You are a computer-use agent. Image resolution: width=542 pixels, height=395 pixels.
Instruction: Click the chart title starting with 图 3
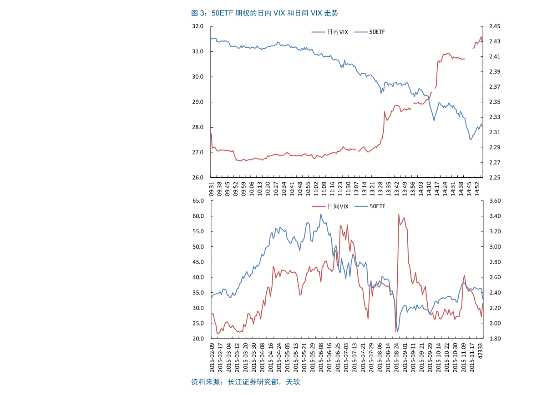(x=264, y=13)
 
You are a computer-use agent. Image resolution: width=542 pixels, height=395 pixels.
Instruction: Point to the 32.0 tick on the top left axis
(x=198, y=26)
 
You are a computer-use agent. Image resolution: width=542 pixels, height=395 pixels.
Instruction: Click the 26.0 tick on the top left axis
(x=198, y=177)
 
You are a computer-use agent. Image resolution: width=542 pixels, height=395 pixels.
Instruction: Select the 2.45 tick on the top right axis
(x=494, y=26)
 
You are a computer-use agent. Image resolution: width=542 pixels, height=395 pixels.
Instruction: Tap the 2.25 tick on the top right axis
(x=494, y=177)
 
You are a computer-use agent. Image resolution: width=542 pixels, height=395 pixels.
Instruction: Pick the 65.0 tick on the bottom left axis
(x=198, y=200)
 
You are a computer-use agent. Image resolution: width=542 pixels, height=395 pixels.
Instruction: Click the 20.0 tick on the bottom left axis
(x=198, y=339)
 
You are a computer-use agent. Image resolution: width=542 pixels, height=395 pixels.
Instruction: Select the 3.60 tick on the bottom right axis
(x=494, y=200)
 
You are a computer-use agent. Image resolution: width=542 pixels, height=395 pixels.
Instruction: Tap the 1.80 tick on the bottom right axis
(x=494, y=339)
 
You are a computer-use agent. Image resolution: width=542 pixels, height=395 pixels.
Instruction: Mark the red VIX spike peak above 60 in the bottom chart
(x=399, y=215)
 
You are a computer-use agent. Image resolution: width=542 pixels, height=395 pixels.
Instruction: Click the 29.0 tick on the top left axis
(x=198, y=102)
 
